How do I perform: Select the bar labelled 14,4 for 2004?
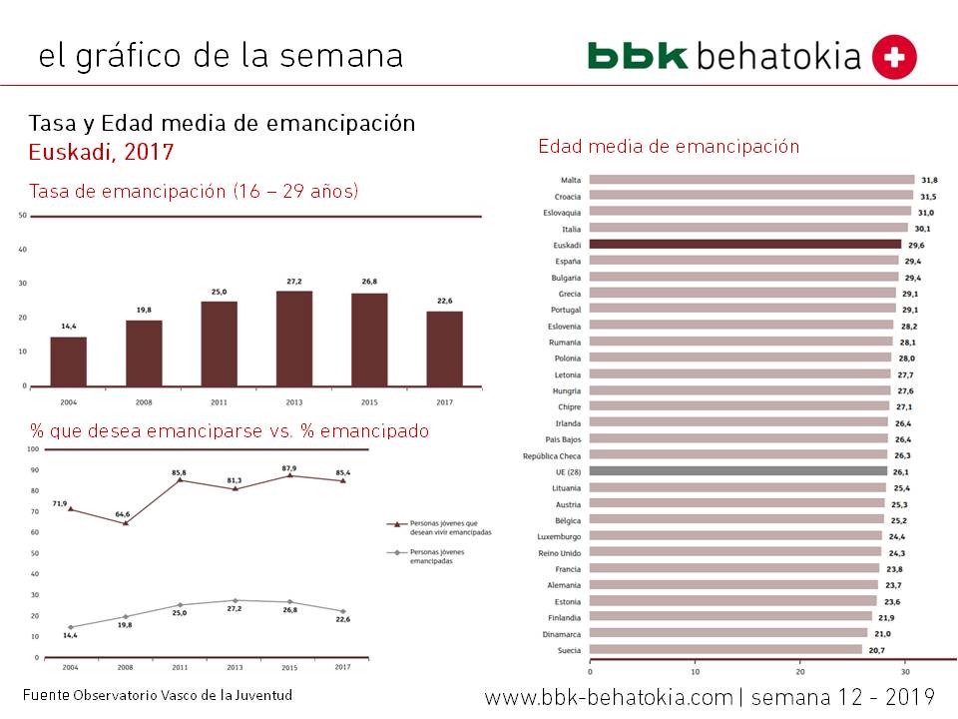click(69, 360)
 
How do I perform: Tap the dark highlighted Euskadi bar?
click(744, 244)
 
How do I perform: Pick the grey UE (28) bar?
click(737, 471)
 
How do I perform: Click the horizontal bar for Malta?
click(751, 180)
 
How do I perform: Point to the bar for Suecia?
click(725, 650)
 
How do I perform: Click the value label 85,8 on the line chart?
click(179, 471)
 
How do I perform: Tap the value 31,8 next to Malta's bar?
click(929, 180)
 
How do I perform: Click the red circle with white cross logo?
click(894, 57)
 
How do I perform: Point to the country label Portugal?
click(566, 310)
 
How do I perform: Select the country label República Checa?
click(552, 455)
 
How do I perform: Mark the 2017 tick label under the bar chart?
click(444, 402)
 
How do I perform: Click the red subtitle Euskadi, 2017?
click(100, 152)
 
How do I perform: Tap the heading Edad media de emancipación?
click(669, 146)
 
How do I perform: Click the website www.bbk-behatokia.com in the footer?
click(609, 697)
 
